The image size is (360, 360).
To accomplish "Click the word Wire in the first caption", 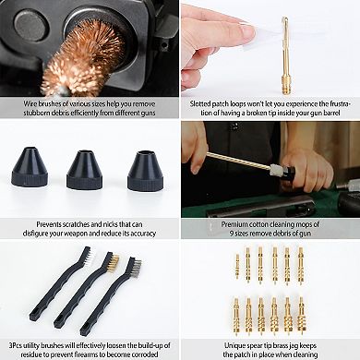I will point(30,103).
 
